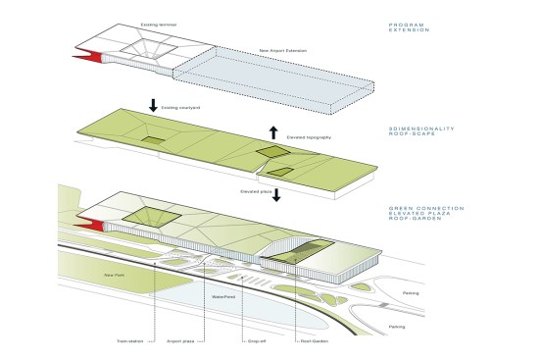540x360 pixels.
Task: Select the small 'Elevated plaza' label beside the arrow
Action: [254, 189]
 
